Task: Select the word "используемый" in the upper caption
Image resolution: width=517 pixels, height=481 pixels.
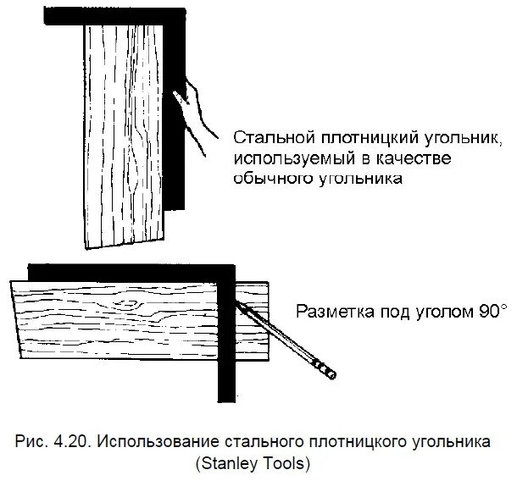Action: tap(286, 159)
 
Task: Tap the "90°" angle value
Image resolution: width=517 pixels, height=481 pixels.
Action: tap(492, 311)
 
